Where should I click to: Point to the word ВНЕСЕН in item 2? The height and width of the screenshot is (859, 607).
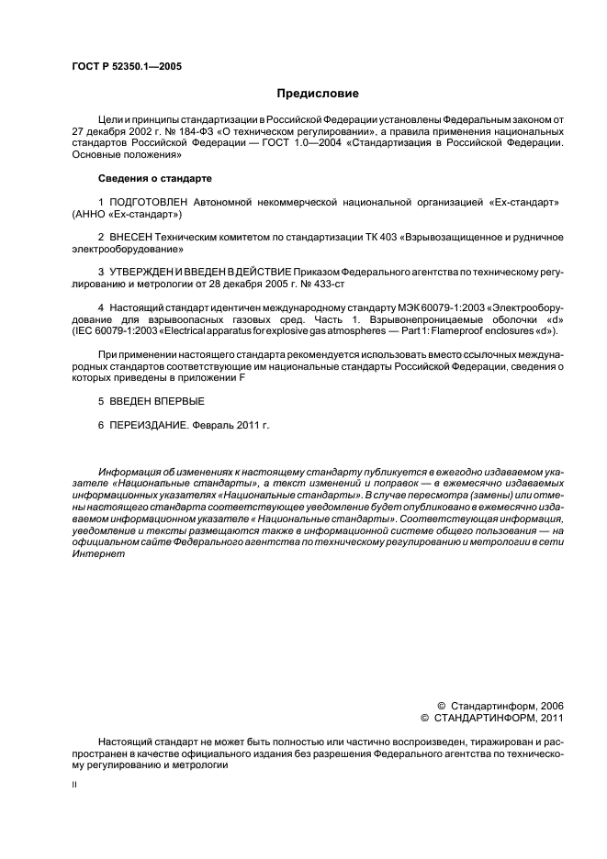tap(130, 236)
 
